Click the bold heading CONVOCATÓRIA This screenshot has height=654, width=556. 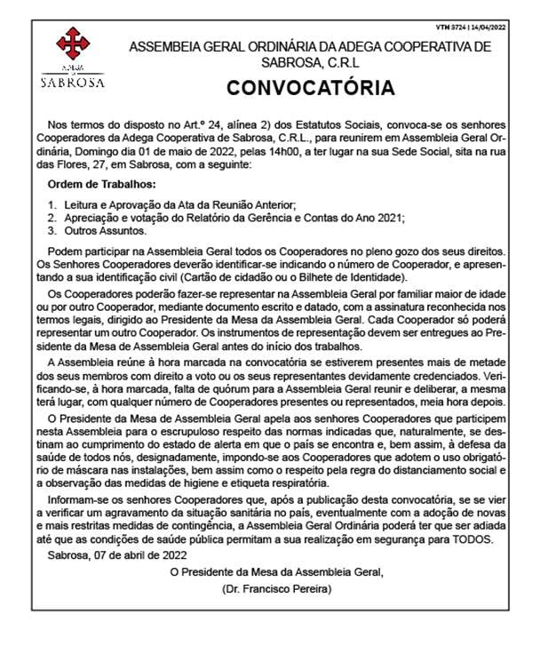pyautogui.click(x=310, y=88)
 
